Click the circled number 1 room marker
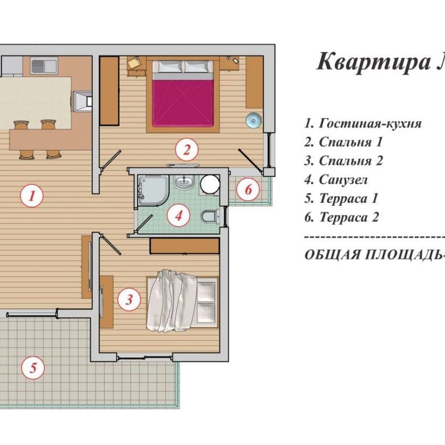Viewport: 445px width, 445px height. coord(32,196)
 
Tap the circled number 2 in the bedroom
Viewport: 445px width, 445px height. coord(187,149)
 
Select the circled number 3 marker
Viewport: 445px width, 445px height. coord(129,300)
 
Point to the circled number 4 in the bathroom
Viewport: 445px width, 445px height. coord(178,216)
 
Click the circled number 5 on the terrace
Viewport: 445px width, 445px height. coord(33,368)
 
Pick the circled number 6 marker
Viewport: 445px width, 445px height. coord(248,189)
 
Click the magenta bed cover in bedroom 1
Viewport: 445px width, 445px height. coord(183,103)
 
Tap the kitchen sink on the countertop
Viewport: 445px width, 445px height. coord(44,66)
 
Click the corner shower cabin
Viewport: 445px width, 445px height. coord(153,189)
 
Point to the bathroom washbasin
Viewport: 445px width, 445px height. coord(184,182)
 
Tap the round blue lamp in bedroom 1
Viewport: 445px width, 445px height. coord(253,120)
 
